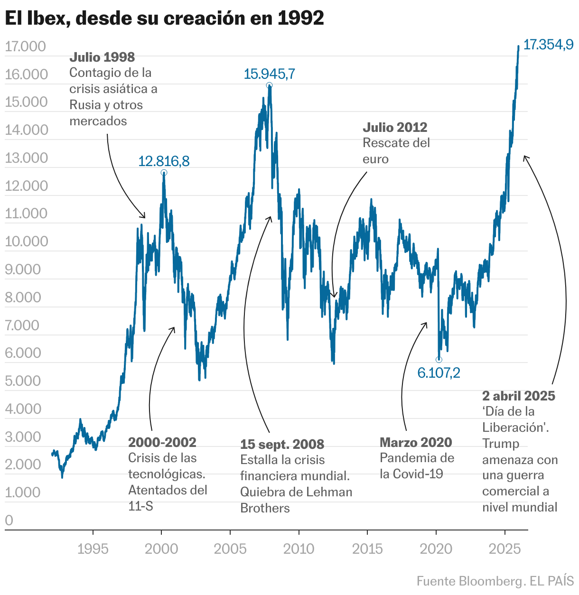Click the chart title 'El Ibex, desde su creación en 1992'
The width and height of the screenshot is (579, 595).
click(164, 18)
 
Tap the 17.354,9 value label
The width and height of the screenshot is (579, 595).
click(548, 45)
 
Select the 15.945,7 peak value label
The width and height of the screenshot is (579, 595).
click(269, 74)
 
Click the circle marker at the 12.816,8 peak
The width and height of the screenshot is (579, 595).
click(164, 173)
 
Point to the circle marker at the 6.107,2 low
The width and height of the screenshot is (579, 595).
click(439, 360)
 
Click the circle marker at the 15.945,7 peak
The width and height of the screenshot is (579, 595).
click(269, 85)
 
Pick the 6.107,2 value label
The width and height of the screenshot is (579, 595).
click(439, 373)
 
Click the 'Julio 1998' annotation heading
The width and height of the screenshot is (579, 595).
click(102, 57)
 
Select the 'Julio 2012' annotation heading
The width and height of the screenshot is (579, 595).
click(395, 128)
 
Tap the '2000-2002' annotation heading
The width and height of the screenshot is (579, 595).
click(162, 443)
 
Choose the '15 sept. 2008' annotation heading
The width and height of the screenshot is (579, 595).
click(282, 445)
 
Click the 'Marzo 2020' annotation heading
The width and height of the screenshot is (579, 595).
click(416, 443)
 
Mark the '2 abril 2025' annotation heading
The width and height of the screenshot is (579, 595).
click(518, 396)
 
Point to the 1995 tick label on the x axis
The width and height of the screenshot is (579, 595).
click(93, 549)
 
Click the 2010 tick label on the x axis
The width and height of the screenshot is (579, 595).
click(299, 549)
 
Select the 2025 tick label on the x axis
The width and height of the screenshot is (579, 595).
click(504, 549)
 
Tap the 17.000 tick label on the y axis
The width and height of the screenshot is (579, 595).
click(25, 46)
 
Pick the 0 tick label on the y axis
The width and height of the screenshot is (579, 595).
click(9, 521)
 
